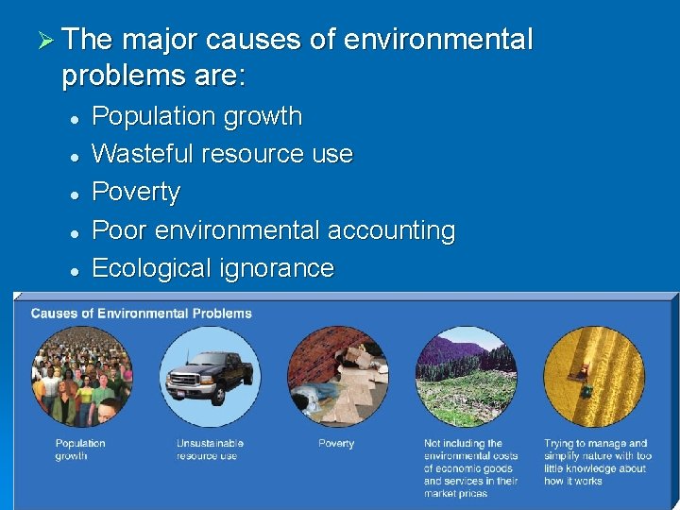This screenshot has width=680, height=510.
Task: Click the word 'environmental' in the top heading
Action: point(438,40)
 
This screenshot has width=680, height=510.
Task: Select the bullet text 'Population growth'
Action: point(196,116)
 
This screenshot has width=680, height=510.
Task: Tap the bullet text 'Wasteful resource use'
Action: point(222,154)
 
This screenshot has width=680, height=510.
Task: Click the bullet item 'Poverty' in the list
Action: point(135,192)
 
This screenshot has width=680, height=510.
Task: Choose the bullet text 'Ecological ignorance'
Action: point(212,268)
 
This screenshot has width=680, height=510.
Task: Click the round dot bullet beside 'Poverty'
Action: point(73,194)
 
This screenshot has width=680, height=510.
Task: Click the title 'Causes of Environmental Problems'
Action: point(142,314)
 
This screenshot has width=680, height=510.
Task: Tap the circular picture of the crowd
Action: point(82,377)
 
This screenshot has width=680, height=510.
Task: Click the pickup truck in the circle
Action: point(209,377)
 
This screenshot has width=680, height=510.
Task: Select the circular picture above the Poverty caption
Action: point(337,377)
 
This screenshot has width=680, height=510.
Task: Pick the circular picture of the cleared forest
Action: point(467,377)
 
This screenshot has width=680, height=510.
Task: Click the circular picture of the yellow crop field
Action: point(594,377)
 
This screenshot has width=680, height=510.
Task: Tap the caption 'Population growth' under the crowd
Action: point(80,450)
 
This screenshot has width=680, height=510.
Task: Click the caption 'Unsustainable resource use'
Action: point(210,450)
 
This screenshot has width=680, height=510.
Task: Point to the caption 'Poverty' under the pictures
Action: point(336,444)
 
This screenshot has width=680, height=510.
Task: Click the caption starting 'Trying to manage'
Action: point(595,462)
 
